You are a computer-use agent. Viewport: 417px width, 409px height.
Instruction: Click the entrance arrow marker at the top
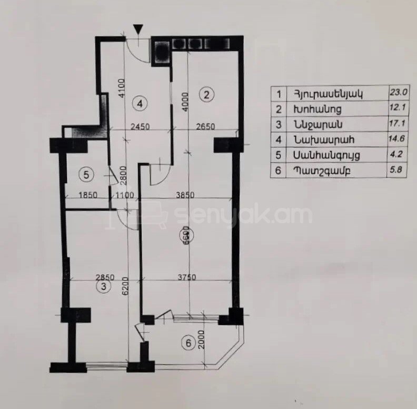[x=138, y=29]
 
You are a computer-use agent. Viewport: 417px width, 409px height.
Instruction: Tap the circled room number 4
[x=140, y=104]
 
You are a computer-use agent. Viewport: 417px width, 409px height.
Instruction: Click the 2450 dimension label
[x=141, y=126]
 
